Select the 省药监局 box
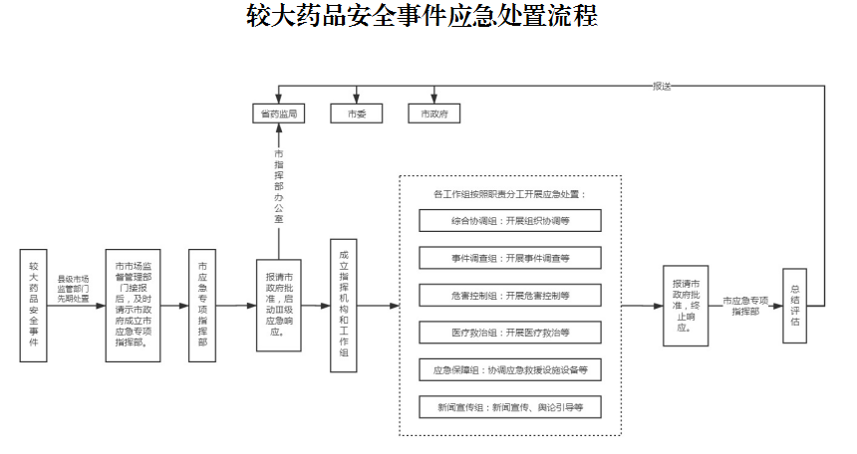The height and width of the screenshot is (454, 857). click(x=277, y=113)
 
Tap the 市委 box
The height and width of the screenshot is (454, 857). click(x=357, y=113)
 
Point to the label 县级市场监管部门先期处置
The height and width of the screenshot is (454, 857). click(x=73, y=289)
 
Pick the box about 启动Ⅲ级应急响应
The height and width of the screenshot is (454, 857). click(x=280, y=305)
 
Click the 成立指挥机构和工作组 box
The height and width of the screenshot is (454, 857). click(x=344, y=305)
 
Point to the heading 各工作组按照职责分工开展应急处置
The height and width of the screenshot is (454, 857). click(x=510, y=193)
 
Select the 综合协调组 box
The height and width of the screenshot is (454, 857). click(x=510, y=221)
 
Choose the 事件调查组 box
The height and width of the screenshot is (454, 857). click(x=510, y=258)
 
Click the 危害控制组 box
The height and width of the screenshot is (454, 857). click(x=510, y=296)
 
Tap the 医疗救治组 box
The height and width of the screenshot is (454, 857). click(x=510, y=333)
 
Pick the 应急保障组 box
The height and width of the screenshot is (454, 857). click(x=510, y=370)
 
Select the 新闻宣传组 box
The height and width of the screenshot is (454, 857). click(x=510, y=407)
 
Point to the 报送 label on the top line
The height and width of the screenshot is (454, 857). click(x=662, y=86)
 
